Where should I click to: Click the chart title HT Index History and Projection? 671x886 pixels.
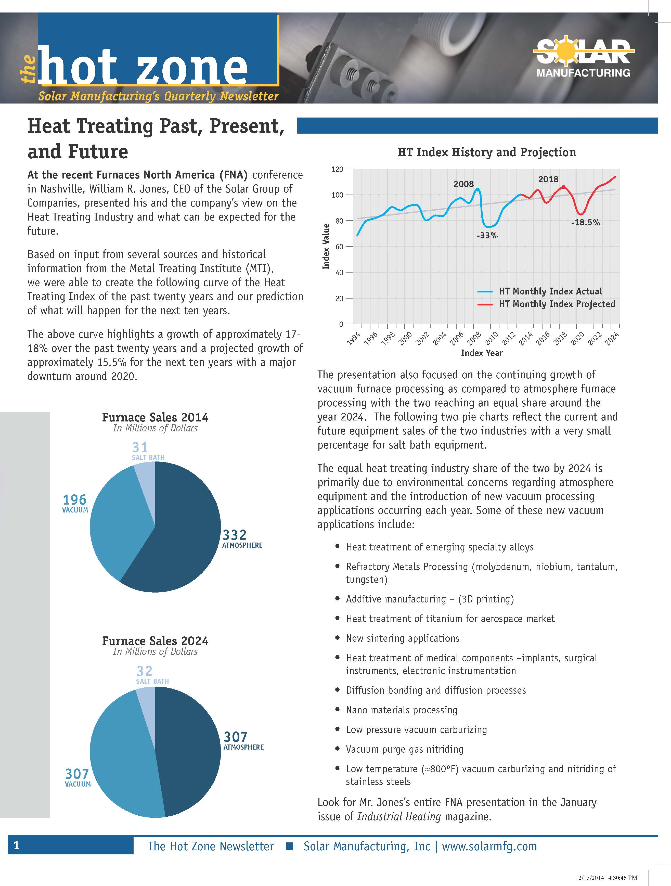[x=487, y=152]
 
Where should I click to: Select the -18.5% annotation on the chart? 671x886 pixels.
[x=585, y=223]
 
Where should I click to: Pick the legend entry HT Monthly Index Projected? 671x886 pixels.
[x=557, y=304]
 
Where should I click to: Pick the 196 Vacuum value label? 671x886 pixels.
[x=74, y=500]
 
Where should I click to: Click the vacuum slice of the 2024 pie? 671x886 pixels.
[x=120, y=761]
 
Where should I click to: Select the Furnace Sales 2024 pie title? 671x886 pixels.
[x=155, y=641]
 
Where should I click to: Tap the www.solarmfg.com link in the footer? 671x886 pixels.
[x=489, y=846]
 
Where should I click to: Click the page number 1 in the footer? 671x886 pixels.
[x=16, y=845]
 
